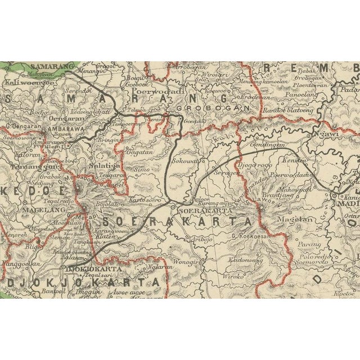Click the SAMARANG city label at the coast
56,66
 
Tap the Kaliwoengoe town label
28,82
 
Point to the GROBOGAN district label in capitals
213,107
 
